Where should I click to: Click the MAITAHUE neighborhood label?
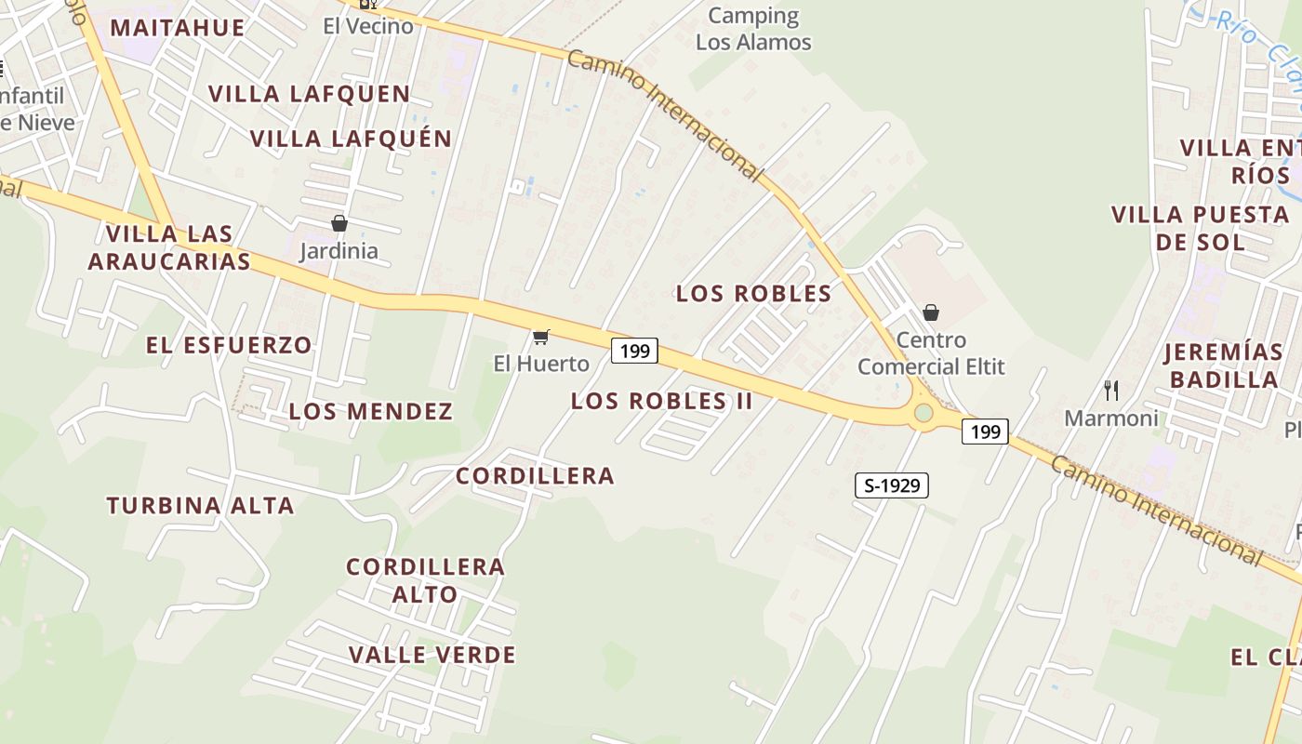click(x=178, y=28)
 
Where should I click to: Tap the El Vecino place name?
click(x=368, y=26)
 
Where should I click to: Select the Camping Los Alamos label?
click(x=753, y=29)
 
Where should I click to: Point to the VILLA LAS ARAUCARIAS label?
click(x=169, y=247)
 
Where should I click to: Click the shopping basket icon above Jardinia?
click(x=339, y=223)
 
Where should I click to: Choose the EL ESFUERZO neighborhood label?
click(x=229, y=345)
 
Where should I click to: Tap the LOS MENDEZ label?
click(x=370, y=411)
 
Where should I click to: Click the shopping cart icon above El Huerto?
click(x=540, y=336)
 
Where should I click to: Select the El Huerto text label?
click(x=541, y=363)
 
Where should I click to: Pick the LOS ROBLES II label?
click(x=661, y=401)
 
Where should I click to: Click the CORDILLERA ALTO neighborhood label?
click(x=425, y=580)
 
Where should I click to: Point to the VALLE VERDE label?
click(x=432, y=655)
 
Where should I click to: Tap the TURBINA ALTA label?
click(x=200, y=506)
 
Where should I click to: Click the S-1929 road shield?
click(x=892, y=485)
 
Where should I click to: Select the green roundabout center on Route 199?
click(x=923, y=413)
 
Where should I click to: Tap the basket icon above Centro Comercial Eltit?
click(x=931, y=312)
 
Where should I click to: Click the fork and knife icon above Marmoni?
click(x=1110, y=390)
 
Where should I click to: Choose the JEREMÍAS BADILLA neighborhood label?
click(x=1224, y=365)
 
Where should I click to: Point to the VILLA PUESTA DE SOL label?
click(x=1201, y=228)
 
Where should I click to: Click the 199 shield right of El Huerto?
click(x=634, y=351)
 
